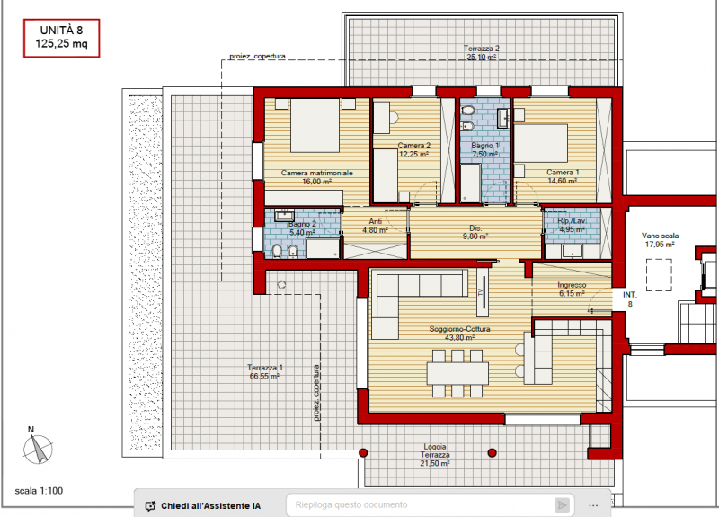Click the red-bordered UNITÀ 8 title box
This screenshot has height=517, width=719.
click(x=61, y=38)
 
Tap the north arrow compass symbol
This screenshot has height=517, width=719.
click(x=38, y=446)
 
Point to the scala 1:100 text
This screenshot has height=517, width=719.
click(x=39, y=491)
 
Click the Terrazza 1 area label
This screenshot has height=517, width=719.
click(x=264, y=372)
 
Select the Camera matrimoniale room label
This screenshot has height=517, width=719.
click(x=317, y=177)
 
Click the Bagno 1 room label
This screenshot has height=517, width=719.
click(x=485, y=149)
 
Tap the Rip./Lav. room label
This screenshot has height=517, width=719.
click(x=572, y=225)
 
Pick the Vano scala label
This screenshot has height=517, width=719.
click(x=660, y=240)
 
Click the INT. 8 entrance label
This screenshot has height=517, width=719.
click(x=630, y=299)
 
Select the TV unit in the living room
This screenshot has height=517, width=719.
click(x=482, y=292)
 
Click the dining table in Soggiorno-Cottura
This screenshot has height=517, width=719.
click(x=457, y=373)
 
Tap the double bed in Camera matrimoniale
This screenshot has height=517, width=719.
click(x=315, y=125)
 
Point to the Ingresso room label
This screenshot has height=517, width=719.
click(x=572, y=289)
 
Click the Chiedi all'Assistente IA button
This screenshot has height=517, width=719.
click(x=203, y=505)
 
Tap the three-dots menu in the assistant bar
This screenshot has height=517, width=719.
click(x=593, y=505)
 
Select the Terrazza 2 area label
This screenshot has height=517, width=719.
click(x=481, y=53)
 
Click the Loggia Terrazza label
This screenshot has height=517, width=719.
click(x=435, y=455)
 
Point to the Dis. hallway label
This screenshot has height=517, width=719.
click(x=475, y=232)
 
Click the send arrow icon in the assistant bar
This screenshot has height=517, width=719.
click(x=562, y=505)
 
